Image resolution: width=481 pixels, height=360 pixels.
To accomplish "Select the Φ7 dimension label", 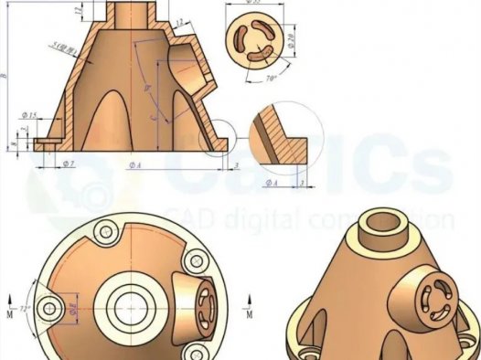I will [x=68, y=164].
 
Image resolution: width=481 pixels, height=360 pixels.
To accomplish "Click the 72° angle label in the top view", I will [x=25, y=309].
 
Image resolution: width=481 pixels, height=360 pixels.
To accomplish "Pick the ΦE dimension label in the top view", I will [x=76, y=308].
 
